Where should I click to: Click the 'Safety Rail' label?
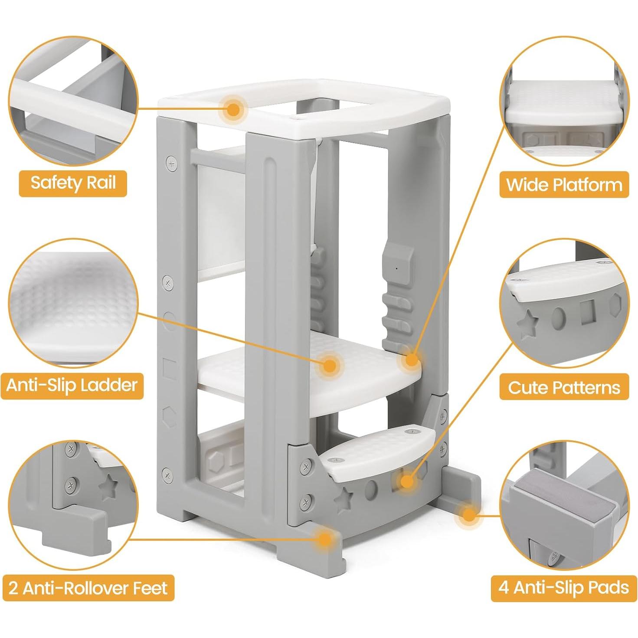coord(73,183)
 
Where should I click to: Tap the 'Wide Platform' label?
coord(564,185)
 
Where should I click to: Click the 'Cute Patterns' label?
coord(564,387)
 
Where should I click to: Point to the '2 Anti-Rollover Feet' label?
coord(88,588)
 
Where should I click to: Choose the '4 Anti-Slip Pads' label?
coord(564,588)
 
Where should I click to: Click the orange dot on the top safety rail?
coord(234,109)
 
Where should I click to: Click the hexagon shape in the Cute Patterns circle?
coord(615,305)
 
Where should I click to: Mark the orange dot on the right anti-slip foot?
coord(468,515)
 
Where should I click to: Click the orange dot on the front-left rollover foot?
coord(324,539)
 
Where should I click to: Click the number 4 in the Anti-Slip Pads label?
coord(503,588)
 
